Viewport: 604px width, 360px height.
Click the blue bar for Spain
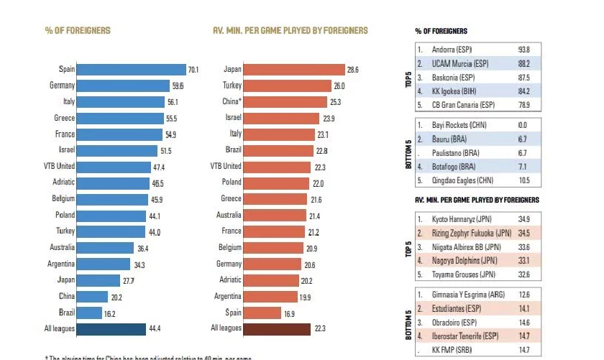click(130, 70)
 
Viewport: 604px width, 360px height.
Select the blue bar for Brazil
click(89, 313)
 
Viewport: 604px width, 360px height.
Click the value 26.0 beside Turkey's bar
click(340, 86)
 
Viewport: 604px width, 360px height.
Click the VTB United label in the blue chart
click(57, 167)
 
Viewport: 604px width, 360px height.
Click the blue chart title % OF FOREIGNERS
click(78, 31)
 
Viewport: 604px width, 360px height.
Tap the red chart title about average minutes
click(290, 31)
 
